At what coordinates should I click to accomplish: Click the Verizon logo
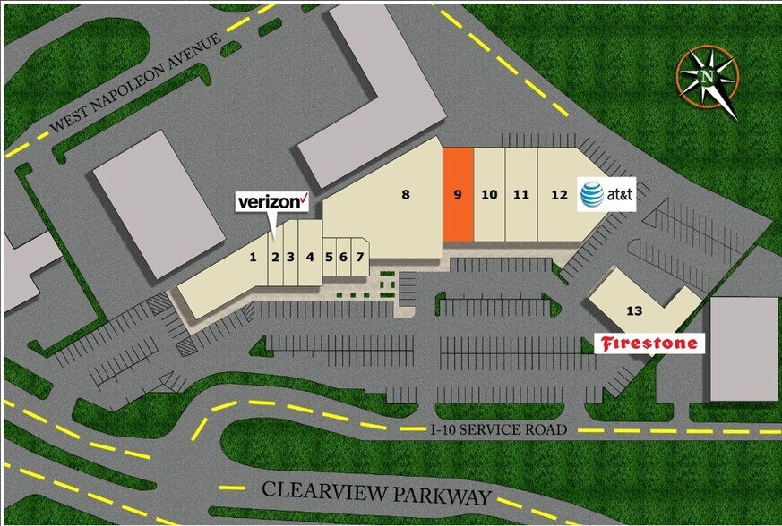pos(272,201)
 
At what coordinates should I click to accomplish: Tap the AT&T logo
pos(606,193)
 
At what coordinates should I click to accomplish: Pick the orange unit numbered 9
pos(457,194)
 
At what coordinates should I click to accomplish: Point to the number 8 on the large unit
pos(406,193)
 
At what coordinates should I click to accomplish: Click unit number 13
pos(634,310)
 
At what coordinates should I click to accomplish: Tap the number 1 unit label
pos(254,257)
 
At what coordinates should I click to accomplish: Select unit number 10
pos(489,194)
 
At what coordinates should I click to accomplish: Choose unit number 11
pos(521,194)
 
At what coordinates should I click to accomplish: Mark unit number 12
pos(559,194)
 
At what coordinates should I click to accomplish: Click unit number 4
pos(310,257)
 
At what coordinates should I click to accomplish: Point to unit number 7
pos(359,257)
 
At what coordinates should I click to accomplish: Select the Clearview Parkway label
pos(377,495)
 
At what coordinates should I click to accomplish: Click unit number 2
pos(276,257)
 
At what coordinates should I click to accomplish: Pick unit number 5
pos(330,257)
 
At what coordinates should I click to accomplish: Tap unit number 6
pos(344,257)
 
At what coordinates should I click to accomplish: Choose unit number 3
pos(290,257)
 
